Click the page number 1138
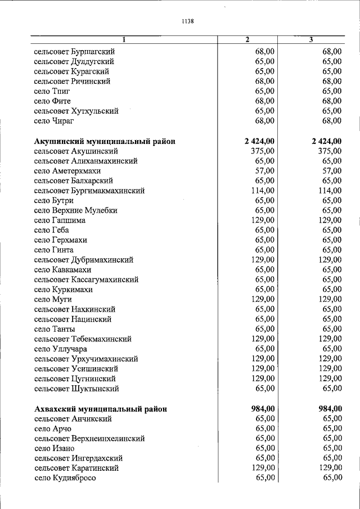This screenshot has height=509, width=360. tap(187, 21)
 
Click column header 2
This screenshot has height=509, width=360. tap(247, 39)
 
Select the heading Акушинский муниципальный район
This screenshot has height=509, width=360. tap(104, 141)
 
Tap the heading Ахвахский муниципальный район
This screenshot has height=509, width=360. tap(100, 409)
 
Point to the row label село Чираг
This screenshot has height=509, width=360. tap(54, 121)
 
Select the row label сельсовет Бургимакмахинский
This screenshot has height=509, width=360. tap(89, 191)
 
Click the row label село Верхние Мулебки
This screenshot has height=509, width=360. tap(75, 210)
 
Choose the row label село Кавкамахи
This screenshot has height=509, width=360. tap(62, 270)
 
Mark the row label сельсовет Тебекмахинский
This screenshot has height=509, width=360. tap(83, 339)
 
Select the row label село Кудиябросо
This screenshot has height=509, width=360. tap(65, 478)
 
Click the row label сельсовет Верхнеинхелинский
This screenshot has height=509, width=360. tap(89, 438)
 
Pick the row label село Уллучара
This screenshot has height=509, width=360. tap(60, 349)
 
